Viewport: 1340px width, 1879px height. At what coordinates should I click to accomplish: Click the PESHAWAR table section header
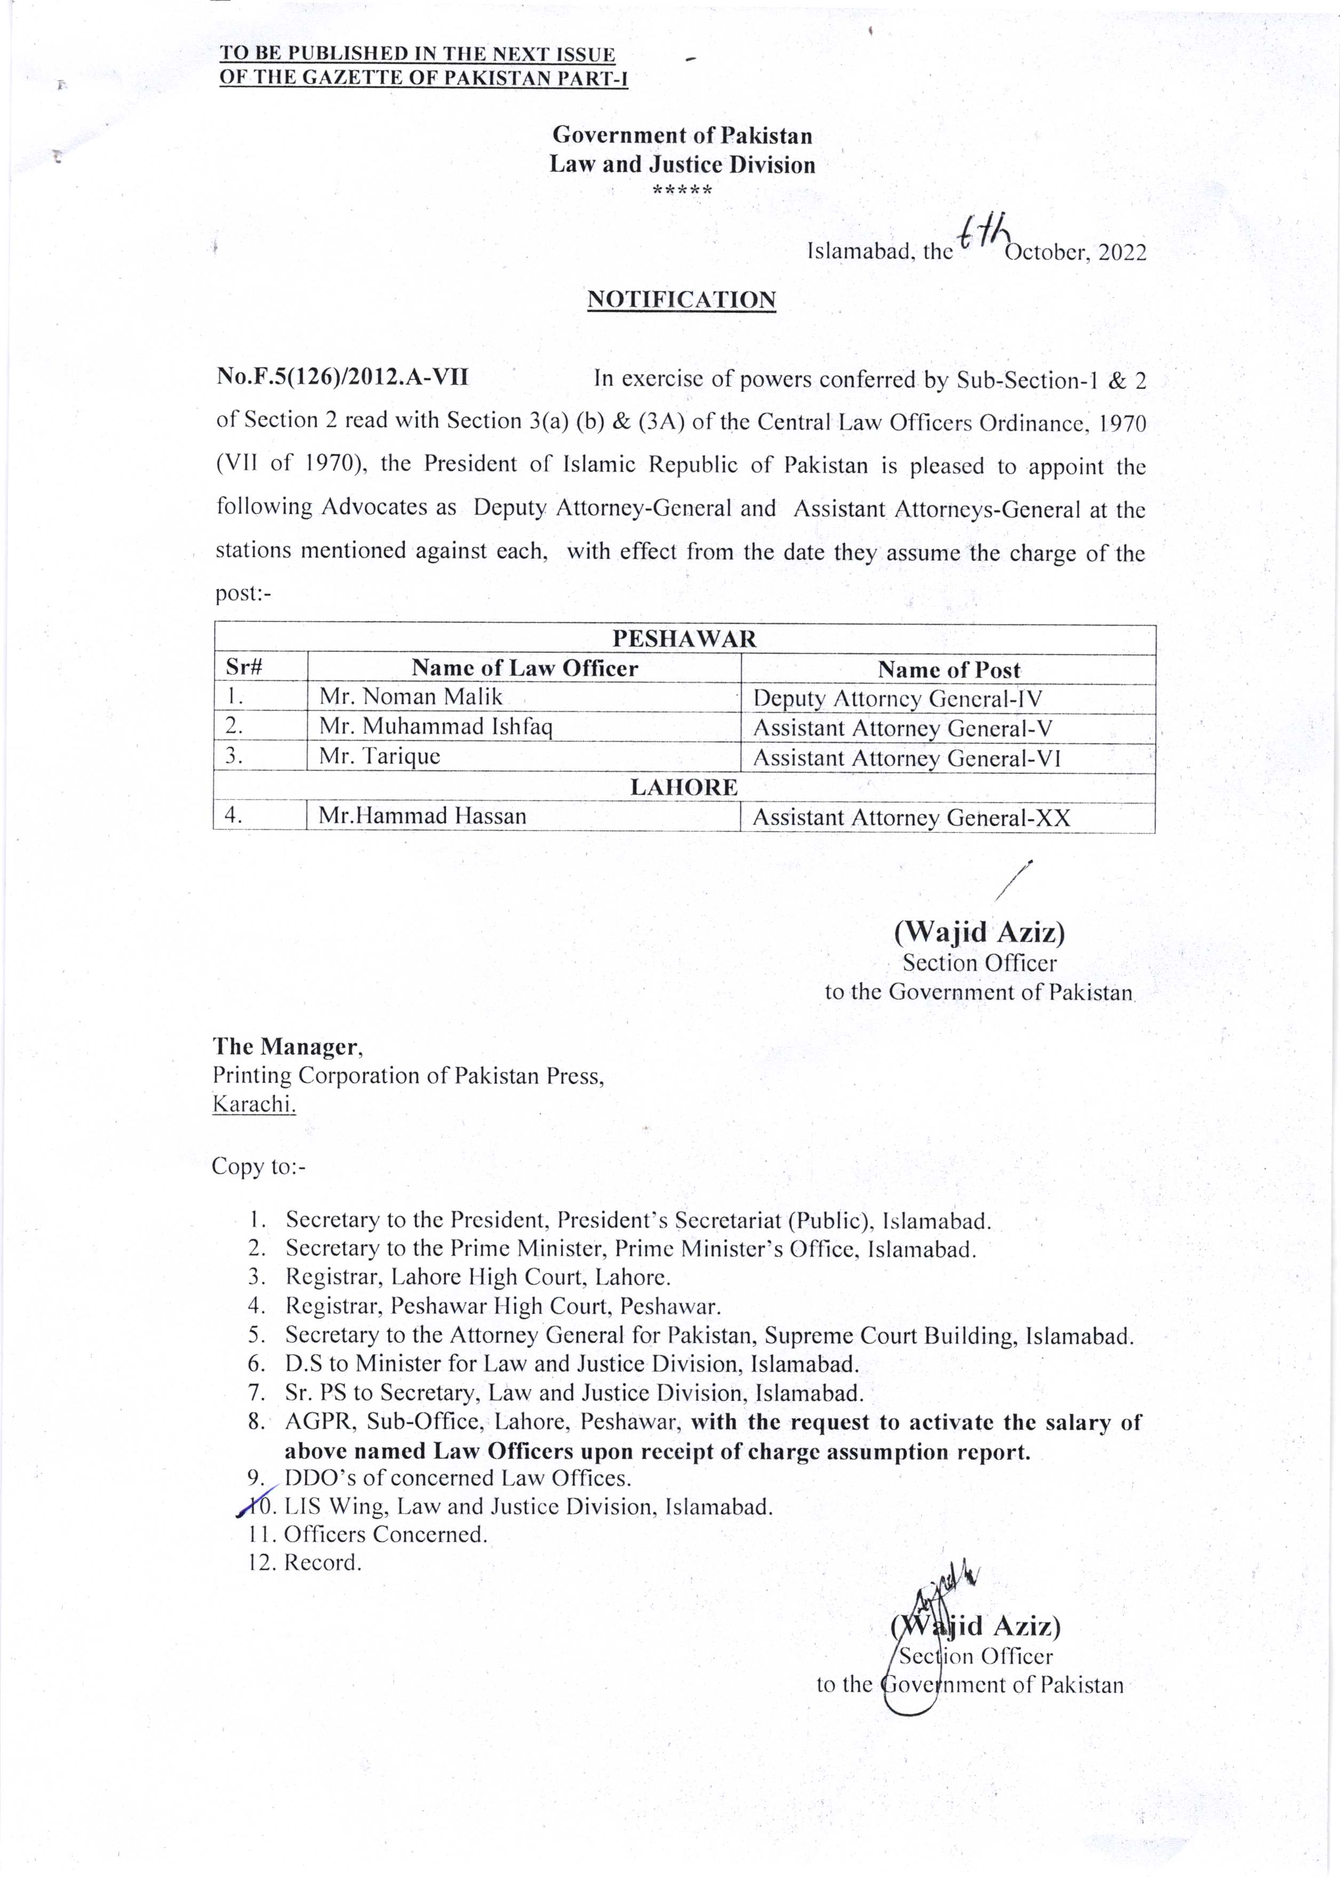(x=684, y=638)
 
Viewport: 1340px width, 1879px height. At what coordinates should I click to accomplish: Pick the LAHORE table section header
(x=684, y=787)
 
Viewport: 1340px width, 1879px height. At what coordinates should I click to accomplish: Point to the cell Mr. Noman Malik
(x=411, y=697)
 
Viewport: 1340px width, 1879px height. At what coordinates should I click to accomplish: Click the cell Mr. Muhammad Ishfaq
(x=436, y=727)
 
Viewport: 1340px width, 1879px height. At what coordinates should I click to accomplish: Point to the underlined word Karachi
(x=254, y=1104)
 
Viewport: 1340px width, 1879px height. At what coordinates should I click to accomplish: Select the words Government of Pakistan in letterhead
(x=682, y=135)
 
